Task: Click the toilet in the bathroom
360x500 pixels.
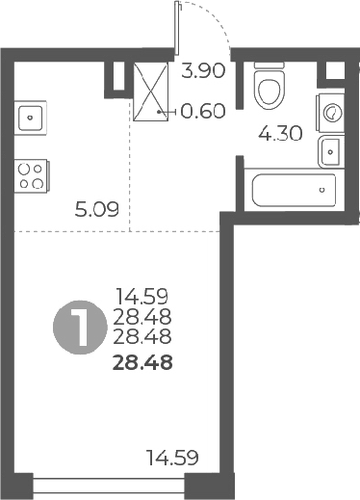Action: pos(269,85)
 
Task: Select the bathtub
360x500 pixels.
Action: pos(294,189)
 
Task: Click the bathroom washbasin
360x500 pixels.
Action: pos(330,149)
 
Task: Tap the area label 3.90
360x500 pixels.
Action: pos(204,70)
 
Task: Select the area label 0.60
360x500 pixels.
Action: pos(203,110)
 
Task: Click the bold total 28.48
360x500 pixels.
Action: pos(143,362)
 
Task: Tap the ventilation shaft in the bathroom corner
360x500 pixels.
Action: pos(336,69)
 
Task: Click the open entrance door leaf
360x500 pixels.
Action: pos(178,29)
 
